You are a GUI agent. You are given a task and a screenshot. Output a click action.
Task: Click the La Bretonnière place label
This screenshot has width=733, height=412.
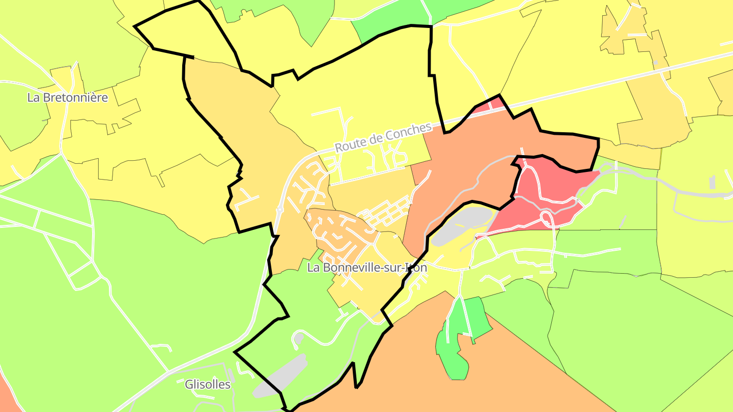click(x=68, y=98)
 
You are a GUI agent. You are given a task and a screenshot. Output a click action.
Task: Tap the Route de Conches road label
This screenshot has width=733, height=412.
click(x=383, y=137)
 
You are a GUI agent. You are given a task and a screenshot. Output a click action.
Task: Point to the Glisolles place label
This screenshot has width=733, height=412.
click(x=208, y=385)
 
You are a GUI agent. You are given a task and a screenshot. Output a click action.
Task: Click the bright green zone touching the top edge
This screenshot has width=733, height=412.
click(x=387, y=20)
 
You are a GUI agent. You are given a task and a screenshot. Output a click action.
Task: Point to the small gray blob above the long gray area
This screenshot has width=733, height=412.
click(x=298, y=338)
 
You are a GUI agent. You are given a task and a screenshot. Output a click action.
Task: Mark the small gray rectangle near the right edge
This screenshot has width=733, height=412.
click(x=712, y=182)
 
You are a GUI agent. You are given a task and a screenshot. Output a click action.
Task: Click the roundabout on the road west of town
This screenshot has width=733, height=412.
click(x=279, y=209)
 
